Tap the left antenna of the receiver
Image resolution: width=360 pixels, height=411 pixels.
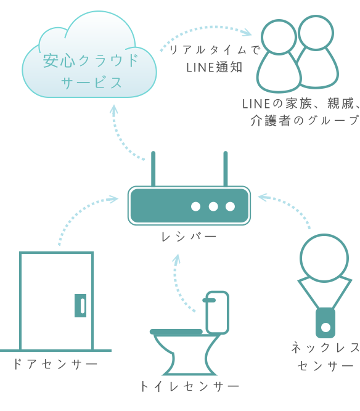153,169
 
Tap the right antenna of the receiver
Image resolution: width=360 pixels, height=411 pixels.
225,169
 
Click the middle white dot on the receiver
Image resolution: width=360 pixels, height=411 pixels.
213,206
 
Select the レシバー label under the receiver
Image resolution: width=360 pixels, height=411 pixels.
189,237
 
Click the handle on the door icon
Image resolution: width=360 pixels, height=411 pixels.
81,306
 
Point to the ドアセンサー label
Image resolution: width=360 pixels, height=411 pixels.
55,364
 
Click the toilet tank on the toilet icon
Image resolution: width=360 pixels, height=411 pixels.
218,312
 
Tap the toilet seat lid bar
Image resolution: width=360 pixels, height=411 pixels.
176,332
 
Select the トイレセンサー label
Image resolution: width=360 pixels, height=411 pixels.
190,386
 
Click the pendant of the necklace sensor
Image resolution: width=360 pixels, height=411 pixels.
325,323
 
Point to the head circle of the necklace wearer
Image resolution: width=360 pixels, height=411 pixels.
324,258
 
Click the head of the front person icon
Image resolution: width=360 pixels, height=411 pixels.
279,37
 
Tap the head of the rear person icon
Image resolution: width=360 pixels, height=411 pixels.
316,33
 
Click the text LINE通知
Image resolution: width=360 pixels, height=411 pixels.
215,67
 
